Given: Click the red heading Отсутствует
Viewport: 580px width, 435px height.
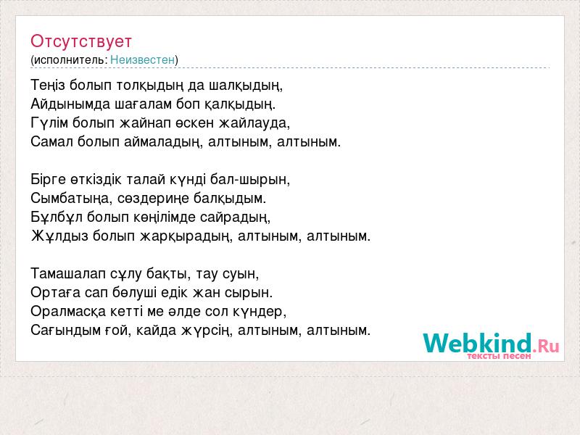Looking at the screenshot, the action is pos(81,41).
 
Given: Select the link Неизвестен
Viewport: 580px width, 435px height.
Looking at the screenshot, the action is pos(142,59).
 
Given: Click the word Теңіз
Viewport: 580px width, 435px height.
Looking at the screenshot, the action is pos(48,86).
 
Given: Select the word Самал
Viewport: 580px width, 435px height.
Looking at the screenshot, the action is pos(51,141).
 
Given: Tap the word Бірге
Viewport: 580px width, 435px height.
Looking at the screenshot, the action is pos(49,179).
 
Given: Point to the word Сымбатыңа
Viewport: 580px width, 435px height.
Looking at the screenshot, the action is pos(72,198).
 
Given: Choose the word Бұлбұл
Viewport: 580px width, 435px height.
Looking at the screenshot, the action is pos(57,217).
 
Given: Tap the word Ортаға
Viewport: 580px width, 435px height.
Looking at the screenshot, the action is pos(56,293).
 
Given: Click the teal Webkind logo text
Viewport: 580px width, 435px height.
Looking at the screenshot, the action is pos(477,342).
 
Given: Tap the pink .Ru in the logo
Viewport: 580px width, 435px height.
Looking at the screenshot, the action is pos(546,346).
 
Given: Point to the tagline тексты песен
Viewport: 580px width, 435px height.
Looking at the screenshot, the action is pos(499,356).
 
